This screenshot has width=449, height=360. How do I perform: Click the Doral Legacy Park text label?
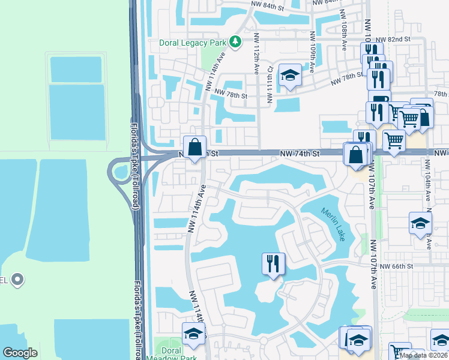tap(193, 43)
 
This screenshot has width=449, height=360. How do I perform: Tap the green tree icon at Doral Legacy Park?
tap(237, 41)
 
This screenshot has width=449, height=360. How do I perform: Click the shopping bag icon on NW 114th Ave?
tap(195, 147)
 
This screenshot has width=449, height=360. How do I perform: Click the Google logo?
tap(20, 353)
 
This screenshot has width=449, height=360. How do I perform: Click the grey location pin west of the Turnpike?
tap(17, 280)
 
